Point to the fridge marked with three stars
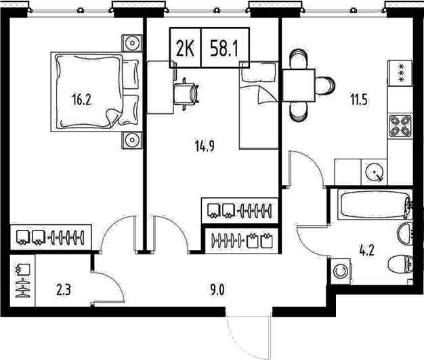point(399,71)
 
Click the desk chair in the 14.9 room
point(186,92)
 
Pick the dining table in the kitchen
point(299,85)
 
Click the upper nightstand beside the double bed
point(131,43)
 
